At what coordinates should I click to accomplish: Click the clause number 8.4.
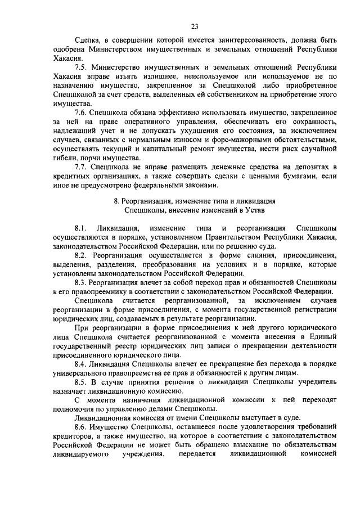pyautogui.click(x=81, y=363)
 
